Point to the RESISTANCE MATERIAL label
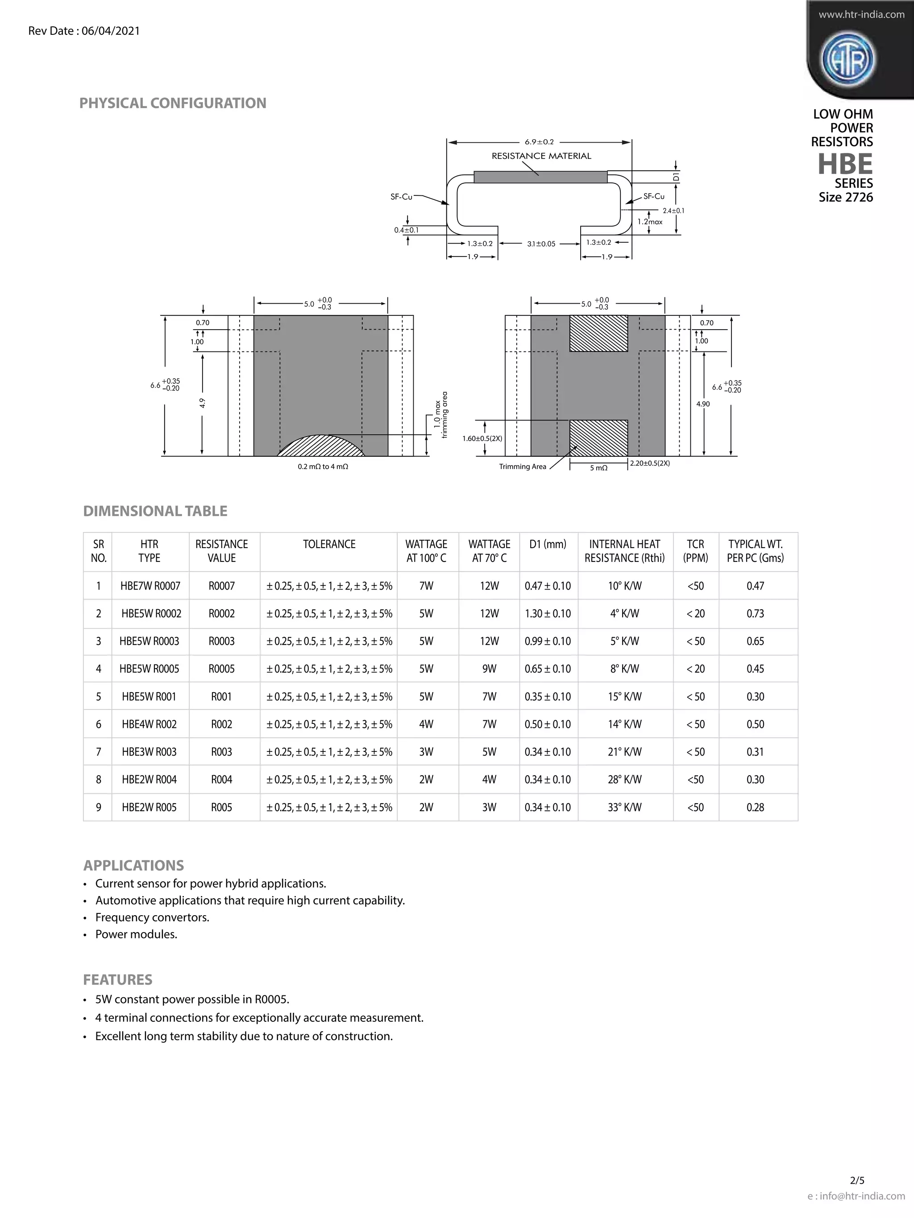(541, 156)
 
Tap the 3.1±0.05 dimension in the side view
(541, 244)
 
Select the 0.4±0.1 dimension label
(406, 230)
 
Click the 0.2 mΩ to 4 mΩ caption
(323, 467)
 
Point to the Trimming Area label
(522, 467)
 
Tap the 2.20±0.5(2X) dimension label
(649, 463)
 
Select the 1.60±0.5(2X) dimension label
(482, 438)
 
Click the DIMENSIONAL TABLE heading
(155, 511)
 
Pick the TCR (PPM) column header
(695, 551)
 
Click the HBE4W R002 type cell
(150, 724)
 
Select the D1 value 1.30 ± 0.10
(548, 613)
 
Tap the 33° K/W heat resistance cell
(624, 807)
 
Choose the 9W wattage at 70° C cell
(489, 669)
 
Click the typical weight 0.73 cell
(755, 613)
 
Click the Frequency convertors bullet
(152, 917)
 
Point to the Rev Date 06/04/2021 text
(84, 31)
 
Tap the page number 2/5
(857, 1195)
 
